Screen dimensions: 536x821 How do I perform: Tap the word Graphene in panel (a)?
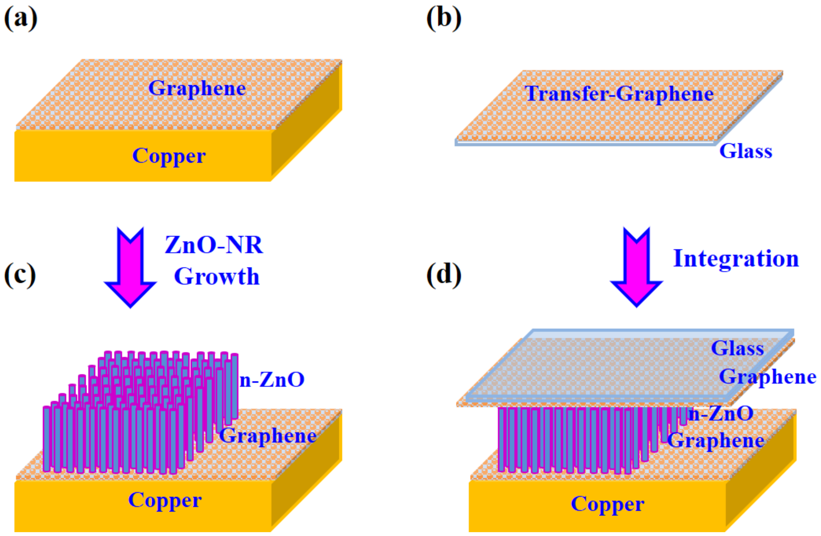pos(197,88)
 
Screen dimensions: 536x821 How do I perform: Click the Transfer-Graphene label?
pos(619,94)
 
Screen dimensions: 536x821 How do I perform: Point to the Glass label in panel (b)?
pos(746,151)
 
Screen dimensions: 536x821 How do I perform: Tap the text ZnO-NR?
pos(214,245)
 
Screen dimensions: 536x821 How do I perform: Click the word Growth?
pos(217,277)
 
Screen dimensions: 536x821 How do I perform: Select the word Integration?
pos(736,259)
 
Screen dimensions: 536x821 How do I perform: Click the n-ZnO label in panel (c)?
pos(272,380)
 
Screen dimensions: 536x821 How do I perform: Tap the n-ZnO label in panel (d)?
pos(721,413)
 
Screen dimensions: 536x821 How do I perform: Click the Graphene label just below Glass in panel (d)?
pos(767,377)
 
